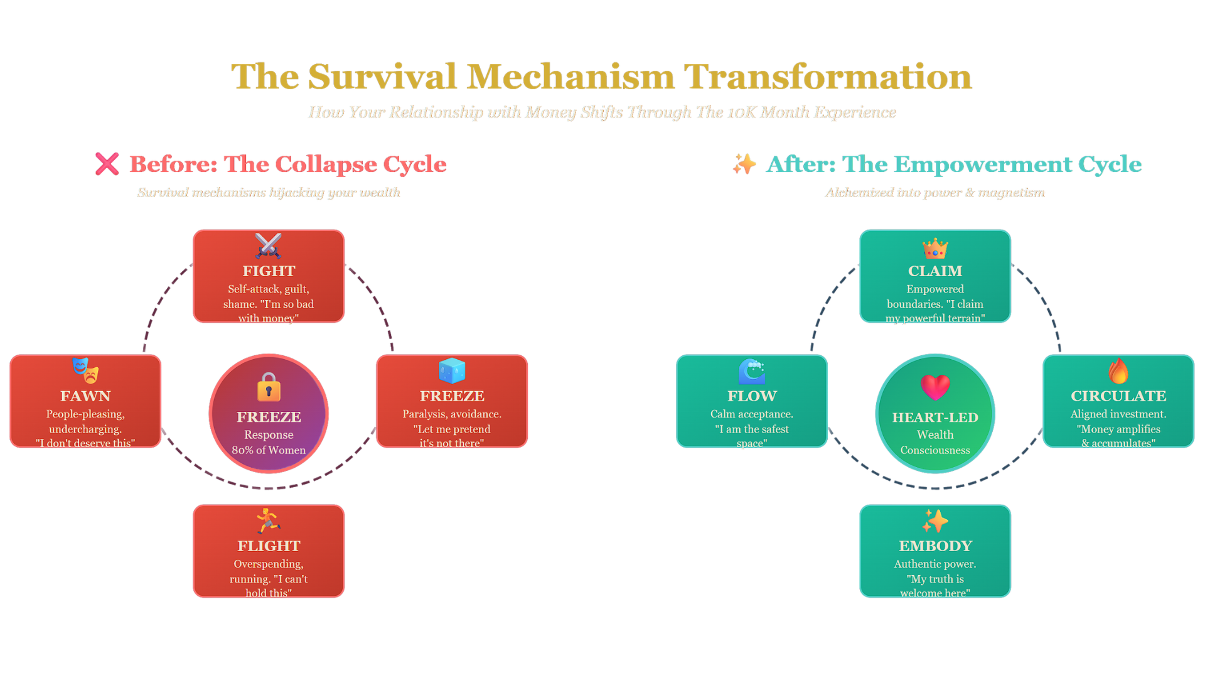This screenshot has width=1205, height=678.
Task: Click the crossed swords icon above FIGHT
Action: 269,246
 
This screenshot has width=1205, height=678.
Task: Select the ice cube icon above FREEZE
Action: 452,371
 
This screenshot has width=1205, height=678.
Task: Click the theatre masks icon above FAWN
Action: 85,370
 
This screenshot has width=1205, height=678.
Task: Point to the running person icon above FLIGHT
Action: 268,521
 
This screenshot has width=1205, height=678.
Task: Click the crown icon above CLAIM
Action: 935,249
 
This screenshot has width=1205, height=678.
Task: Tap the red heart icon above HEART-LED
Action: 935,387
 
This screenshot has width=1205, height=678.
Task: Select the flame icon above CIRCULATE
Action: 1118,371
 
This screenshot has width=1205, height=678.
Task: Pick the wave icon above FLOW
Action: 752,371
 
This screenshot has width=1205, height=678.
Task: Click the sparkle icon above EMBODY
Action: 935,521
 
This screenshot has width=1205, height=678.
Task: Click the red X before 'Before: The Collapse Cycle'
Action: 107,164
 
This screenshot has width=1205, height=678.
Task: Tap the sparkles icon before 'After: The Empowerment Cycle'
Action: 744,164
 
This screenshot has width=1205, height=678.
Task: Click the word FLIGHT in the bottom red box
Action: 269,546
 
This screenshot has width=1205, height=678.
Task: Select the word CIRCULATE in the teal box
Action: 1118,396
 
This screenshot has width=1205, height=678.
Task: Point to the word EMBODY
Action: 935,546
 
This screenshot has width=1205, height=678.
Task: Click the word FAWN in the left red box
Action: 85,396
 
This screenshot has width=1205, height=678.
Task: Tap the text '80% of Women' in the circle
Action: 269,450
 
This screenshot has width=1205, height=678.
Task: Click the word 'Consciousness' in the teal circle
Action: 935,450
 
